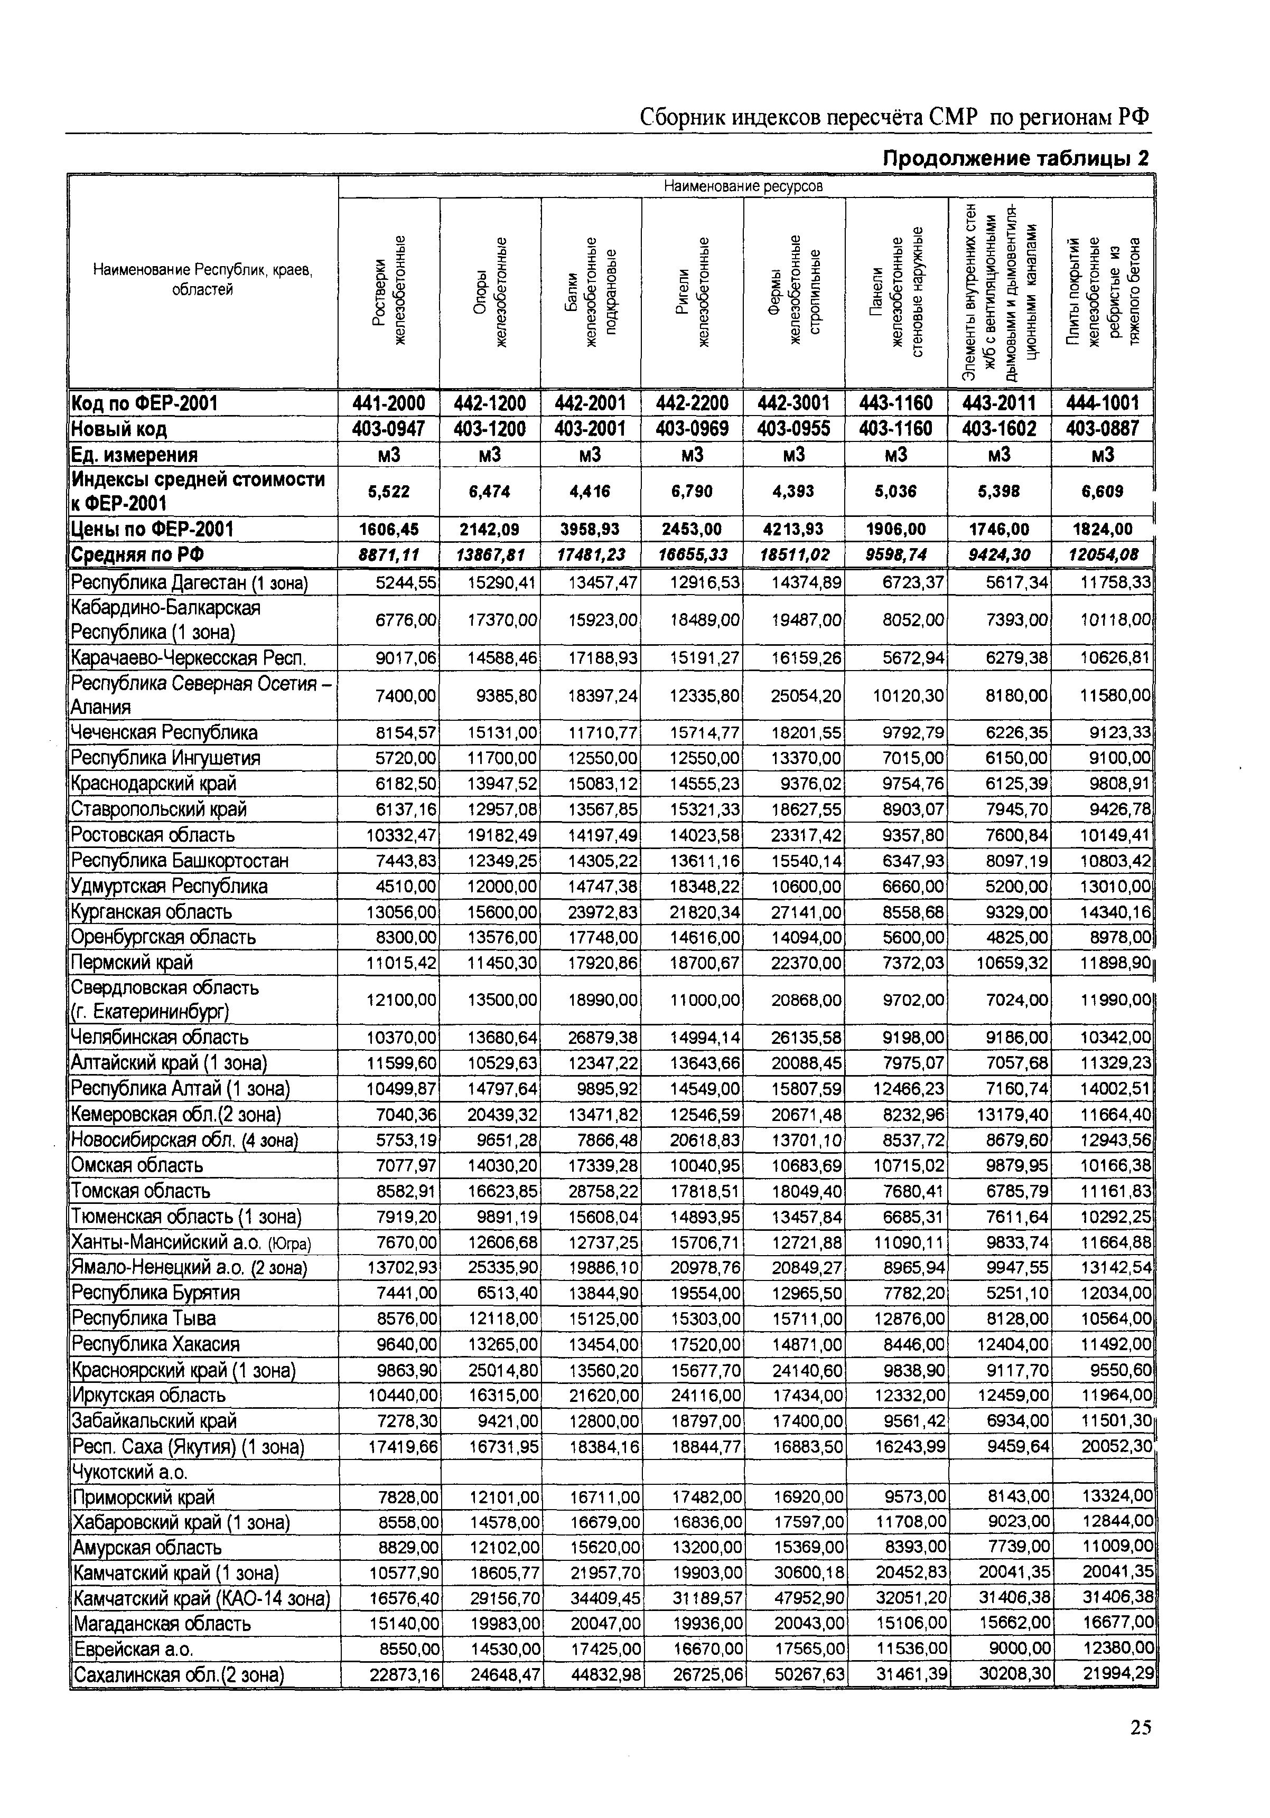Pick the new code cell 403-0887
click(1102, 429)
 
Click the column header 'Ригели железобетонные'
click(693, 291)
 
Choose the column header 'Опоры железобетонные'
click(490, 291)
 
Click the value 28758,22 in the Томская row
click(604, 1191)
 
